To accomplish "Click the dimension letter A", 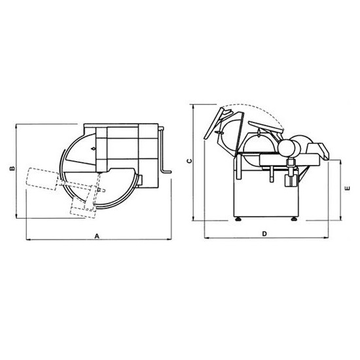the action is click(97, 236).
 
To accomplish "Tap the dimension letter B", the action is click(12, 168).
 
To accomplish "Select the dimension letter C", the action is click(189, 161).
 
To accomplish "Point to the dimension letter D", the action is click(264, 234).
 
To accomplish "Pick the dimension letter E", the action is click(348, 189).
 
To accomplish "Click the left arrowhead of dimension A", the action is click(28, 240).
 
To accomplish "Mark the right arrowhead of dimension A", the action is click(170, 240).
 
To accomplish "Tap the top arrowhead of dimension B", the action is click(16, 126).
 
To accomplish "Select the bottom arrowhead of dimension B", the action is click(16, 216).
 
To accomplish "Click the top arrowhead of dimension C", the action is click(194, 106).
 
